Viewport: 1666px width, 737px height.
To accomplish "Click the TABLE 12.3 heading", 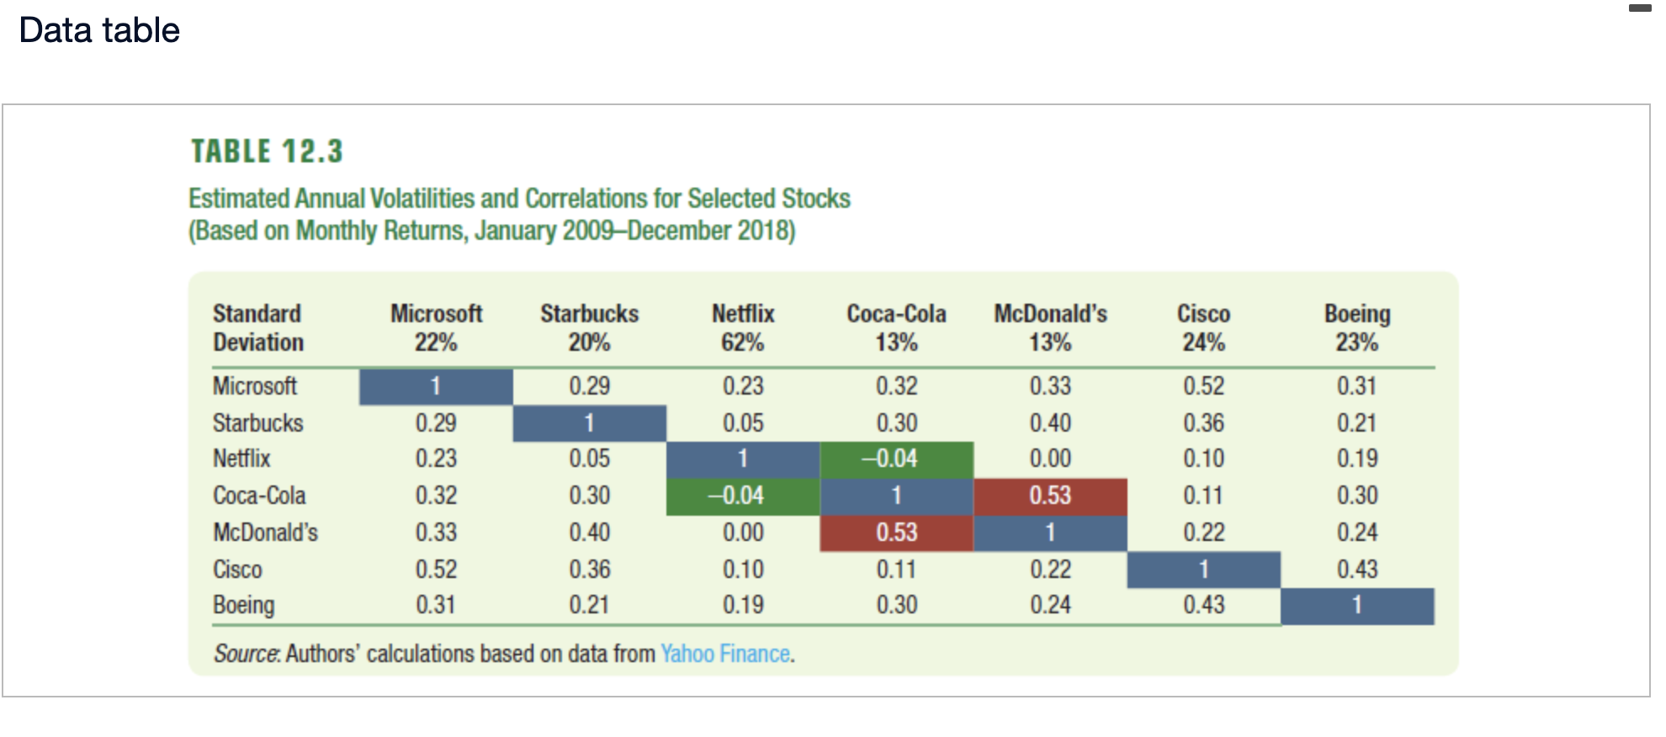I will [x=267, y=151].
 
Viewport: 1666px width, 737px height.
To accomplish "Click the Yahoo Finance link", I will [x=725, y=654].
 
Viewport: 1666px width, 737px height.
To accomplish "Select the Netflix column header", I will [x=742, y=314].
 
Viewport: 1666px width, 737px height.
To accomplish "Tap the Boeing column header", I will [x=1356, y=314].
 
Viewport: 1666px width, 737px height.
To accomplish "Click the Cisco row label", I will [x=237, y=570].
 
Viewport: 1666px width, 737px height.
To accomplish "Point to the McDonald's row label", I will [x=265, y=533].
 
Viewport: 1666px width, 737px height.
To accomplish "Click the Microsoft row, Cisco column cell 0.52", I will [x=1203, y=386].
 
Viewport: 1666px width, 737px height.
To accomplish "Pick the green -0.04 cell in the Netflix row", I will [x=896, y=459].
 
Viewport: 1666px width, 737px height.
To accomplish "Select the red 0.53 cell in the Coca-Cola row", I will [x=1050, y=496].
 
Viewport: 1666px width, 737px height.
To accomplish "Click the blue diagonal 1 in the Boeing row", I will [x=1356, y=606].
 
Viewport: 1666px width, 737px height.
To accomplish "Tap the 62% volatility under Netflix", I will [x=742, y=342].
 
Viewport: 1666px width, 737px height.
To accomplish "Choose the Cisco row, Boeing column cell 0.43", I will [x=1356, y=570].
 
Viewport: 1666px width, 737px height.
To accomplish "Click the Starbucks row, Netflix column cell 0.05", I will [x=742, y=422].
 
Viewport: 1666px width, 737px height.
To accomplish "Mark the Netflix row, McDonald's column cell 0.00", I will [x=1050, y=459].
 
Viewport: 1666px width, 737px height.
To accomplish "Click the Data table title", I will [x=99, y=30].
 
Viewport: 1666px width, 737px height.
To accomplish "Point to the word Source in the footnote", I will [x=246, y=654].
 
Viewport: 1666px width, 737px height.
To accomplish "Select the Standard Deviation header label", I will [x=257, y=328].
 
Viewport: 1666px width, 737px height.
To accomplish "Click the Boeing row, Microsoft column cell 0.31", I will [x=435, y=606].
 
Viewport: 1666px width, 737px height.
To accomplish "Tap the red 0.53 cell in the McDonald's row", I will [x=896, y=533].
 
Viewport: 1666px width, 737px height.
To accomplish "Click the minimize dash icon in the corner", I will [x=1639, y=8].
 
